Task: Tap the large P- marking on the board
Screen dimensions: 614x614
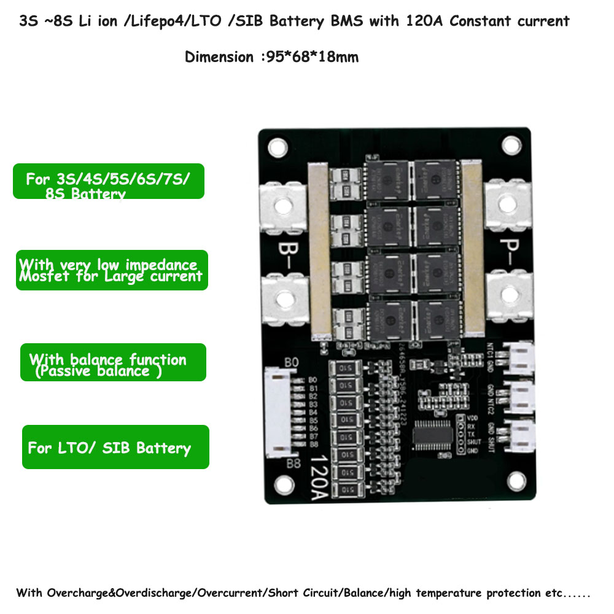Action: pyautogui.click(x=507, y=251)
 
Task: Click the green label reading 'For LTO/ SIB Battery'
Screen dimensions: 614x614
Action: pyautogui.click(x=115, y=447)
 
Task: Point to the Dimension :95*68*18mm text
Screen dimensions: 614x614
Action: pyautogui.click(x=271, y=57)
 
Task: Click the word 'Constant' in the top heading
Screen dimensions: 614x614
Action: pyautogui.click(x=474, y=21)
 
